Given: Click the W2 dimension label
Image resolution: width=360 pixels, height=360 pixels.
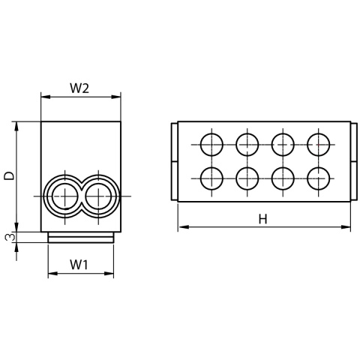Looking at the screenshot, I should click(x=79, y=88).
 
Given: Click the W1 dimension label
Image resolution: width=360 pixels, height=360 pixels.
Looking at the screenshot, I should click(x=79, y=264).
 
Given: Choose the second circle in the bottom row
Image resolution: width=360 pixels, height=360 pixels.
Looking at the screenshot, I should click(x=247, y=178).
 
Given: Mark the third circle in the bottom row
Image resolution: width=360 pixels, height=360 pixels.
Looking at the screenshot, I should click(x=283, y=178).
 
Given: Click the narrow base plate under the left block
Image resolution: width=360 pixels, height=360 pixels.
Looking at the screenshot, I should click(x=81, y=237).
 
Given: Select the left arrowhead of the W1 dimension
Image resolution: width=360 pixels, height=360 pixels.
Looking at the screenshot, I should click(x=52, y=275).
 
